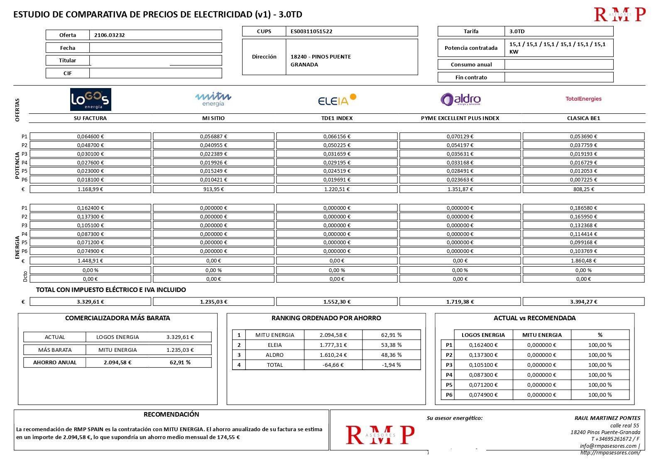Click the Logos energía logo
(x=91, y=99)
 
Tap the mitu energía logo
(x=213, y=99)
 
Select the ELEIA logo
(x=337, y=100)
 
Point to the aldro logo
(x=460, y=99)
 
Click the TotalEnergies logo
(x=583, y=99)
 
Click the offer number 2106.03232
(x=109, y=35)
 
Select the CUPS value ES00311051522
(x=311, y=32)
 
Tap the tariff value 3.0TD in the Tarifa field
(x=517, y=32)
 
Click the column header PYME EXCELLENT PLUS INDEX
(x=460, y=118)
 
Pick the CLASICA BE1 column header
(x=583, y=118)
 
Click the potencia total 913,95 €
(x=213, y=189)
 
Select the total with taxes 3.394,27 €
(x=583, y=302)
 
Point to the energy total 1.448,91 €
(x=90, y=261)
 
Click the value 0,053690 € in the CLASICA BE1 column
(x=583, y=137)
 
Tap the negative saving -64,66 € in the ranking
(x=333, y=365)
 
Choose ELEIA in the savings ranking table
(x=274, y=345)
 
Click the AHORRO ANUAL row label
(x=55, y=363)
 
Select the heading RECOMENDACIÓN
(x=171, y=415)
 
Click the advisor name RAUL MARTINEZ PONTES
(x=607, y=418)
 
